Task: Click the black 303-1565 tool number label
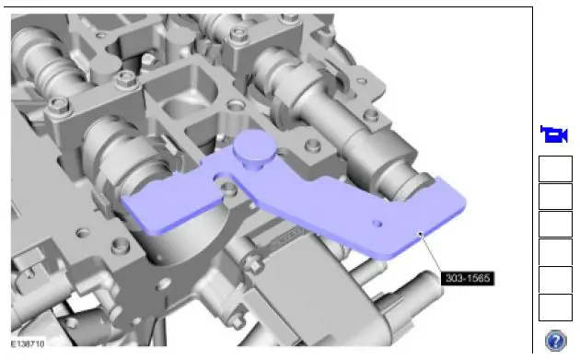pos(467,278)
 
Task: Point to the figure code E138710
pos(28,344)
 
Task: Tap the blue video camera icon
pos(553,134)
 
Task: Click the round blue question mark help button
pos(555,341)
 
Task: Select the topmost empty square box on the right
pos(555,168)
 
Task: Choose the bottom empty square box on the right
pos(555,308)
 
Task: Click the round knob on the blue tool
pos(254,148)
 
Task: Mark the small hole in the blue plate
pos(377,224)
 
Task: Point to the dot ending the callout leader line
pos(420,234)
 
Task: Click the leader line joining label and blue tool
pos(430,253)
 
